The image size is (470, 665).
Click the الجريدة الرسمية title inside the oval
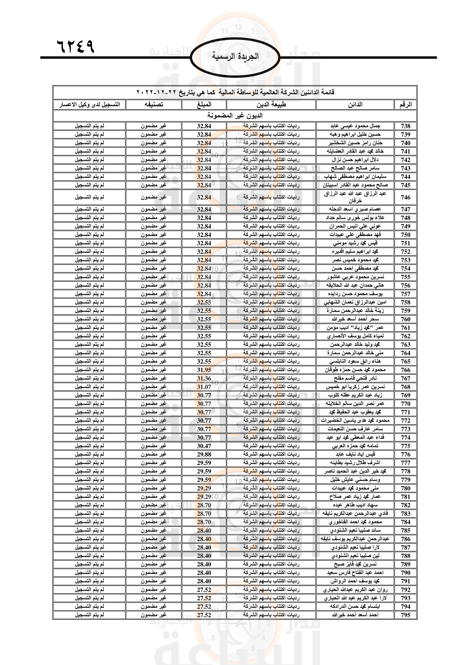(235, 56)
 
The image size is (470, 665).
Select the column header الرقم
(405, 105)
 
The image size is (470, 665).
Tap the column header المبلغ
(204, 105)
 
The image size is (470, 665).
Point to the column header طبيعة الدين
(271, 105)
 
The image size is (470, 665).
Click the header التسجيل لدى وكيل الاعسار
(90, 105)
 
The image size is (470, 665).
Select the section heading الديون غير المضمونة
(235, 115)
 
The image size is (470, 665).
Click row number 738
(405, 126)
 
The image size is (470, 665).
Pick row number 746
(405, 197)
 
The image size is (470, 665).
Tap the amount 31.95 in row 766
(204, 370)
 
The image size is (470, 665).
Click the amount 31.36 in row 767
(204, 378)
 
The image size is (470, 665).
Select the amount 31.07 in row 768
(204, 387)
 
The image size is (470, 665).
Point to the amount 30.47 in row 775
(204, 446)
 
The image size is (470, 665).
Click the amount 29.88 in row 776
(204, 454)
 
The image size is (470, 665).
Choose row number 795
(405, 615)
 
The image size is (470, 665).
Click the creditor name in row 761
(355, 328)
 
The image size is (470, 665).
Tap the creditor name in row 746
(355, 197)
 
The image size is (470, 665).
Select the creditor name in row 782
(355, 505)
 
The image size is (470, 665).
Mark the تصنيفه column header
(154, 105)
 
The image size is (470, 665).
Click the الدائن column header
(355, 105)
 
